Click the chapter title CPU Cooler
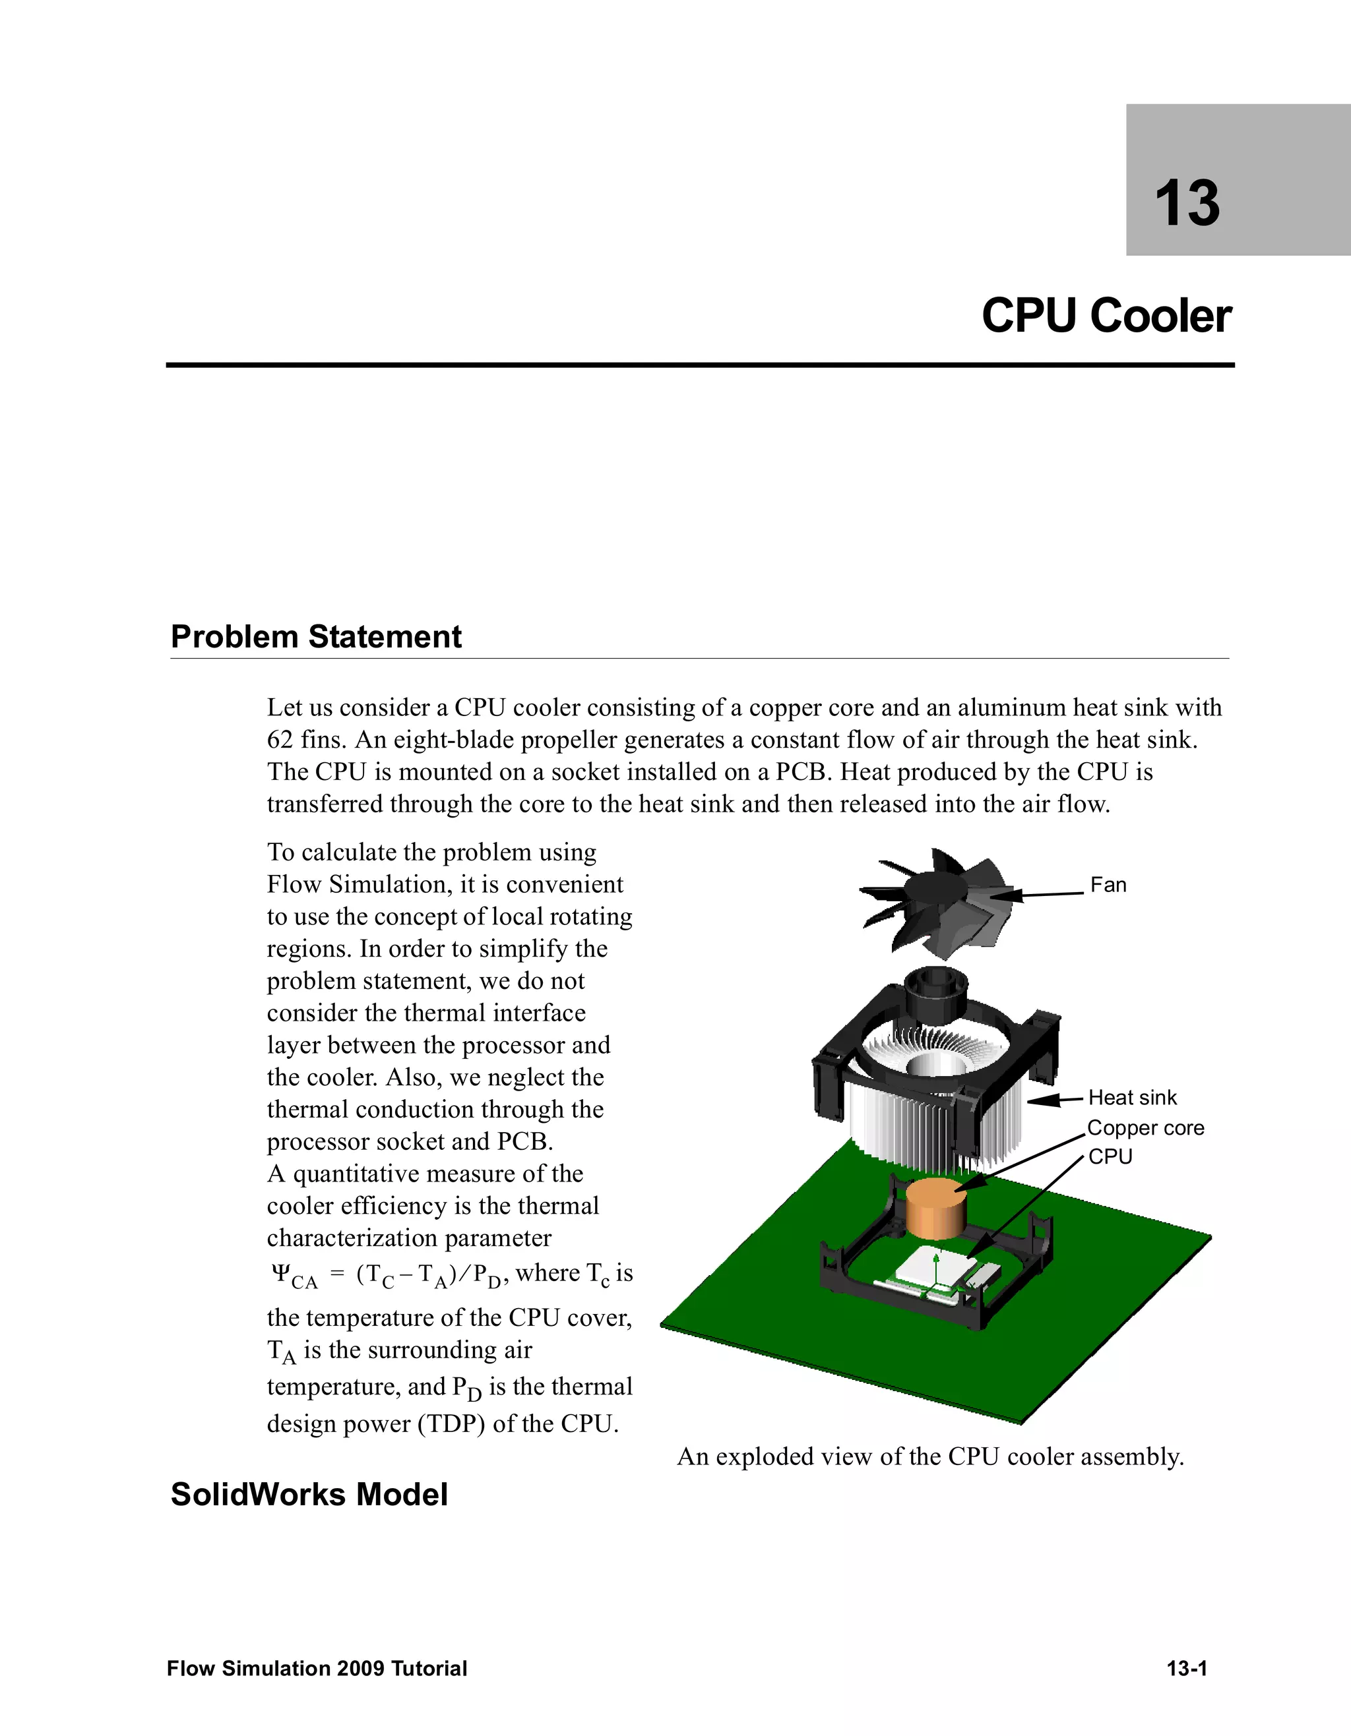click(1106, 316)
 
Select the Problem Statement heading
click(316, 637)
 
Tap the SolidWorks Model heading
click(309, 1495)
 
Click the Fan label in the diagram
click(1108, 885)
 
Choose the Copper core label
click(1145, 1128)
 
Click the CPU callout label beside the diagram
click(1110, 1156)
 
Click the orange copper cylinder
click(937, 1207)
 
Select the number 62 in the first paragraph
click(280, 740)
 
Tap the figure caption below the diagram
click(930, 1456)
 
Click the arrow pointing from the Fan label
click(1042, 894)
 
